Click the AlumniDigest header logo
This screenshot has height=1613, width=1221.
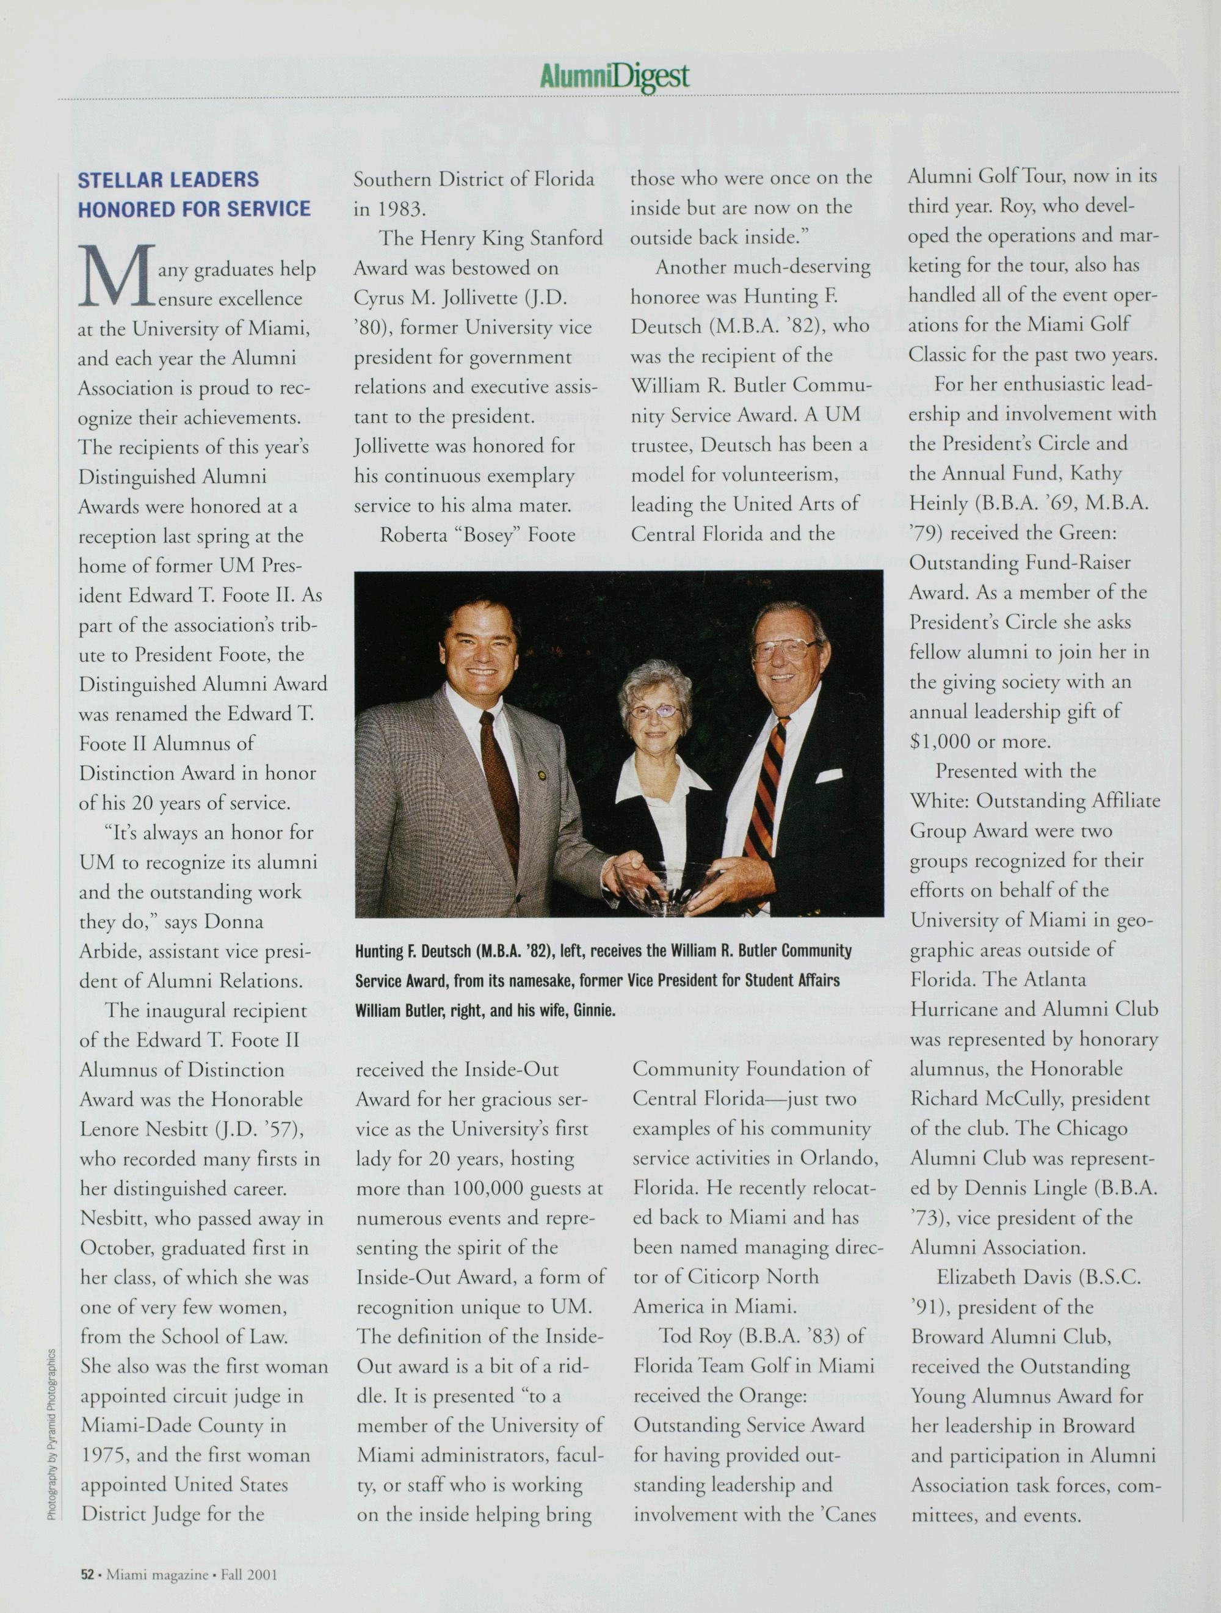(615, 76)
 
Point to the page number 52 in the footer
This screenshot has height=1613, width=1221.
(87, 1575)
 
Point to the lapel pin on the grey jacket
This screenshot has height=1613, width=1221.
(541, 774)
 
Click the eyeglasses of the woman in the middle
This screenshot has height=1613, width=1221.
(654, 710)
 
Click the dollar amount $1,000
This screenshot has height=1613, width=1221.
(941, 741)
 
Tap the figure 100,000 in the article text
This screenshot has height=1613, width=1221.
(491, 1189)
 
